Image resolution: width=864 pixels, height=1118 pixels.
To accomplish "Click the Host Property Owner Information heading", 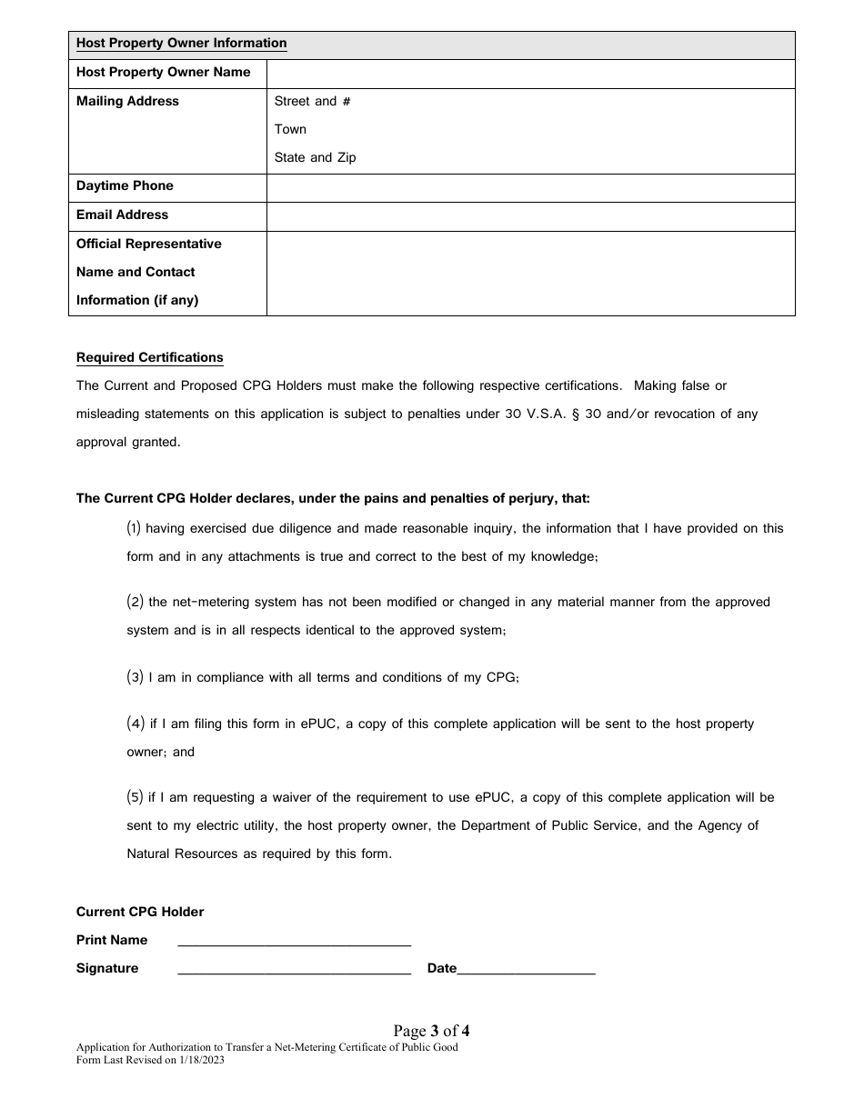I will tap(181, 44).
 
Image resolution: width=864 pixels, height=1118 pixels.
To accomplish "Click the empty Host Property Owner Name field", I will tap(530, 73).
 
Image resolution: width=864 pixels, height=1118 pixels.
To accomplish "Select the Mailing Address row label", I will tap(127, 101).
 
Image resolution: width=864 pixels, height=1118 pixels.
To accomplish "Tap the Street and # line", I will tap(312, 101).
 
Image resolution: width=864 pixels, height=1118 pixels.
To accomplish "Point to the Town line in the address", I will tap(290, 129).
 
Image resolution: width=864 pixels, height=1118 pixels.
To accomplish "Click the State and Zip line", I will tap(315, 157).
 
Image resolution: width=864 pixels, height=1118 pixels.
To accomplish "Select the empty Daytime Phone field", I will tap(530, 186).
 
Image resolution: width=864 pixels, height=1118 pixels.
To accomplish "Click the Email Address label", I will tap(122, 215).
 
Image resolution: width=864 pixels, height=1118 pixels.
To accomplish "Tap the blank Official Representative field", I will tap(530, 273).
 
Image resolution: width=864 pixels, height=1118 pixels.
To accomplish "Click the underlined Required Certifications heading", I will tap(149, 357).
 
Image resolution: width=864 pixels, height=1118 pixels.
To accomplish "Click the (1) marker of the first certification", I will tap(134, 528).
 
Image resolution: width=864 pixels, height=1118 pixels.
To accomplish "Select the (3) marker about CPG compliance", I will tap(134, 677).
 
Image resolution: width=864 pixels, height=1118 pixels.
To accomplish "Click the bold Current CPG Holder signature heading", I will tap(140, 912).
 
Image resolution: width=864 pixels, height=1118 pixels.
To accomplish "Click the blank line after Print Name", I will tap(294, 942).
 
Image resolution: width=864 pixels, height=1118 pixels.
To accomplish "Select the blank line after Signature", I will tap(294, 970).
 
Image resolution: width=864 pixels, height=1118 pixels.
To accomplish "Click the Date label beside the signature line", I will tap(441, 969).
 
